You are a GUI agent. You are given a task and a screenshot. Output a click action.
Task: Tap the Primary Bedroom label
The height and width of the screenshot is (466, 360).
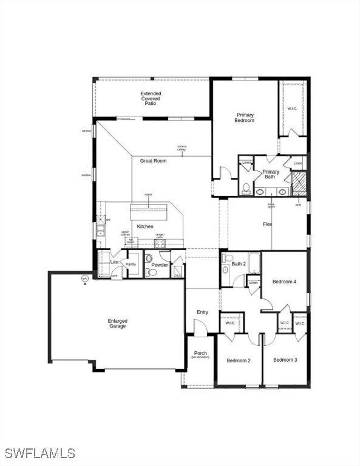coord(244,118)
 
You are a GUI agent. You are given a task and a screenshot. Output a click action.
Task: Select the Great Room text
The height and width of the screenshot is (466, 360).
coord(153,161)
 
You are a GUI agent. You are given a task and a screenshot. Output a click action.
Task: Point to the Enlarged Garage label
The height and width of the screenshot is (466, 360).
coord(117,323)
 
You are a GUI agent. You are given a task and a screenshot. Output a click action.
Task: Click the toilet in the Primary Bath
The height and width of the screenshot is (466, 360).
coord(246,188)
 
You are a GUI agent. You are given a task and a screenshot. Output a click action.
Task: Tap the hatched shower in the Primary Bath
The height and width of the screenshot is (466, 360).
coord(298,183)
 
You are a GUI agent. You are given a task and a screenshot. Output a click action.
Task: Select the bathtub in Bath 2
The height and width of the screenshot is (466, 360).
coord(254,263)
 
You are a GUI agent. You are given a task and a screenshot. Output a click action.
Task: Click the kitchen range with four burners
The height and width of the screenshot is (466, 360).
coord(160,243)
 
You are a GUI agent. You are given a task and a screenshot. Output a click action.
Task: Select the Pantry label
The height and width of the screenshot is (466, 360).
coord(131,265)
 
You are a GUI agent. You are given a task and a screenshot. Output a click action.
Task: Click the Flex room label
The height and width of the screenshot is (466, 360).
coord(267,225)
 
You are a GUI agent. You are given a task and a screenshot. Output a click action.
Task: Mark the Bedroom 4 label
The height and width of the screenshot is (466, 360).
coord(284,282)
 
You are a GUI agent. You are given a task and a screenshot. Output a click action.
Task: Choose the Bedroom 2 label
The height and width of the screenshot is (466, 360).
coord(239,360)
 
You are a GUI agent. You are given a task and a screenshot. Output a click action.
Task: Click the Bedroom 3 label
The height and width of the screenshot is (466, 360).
coord(285,360)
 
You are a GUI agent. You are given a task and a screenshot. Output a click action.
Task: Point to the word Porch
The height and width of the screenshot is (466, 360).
coord(200,353)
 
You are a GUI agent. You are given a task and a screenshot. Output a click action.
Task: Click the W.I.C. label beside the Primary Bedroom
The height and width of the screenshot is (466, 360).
coord(291,109)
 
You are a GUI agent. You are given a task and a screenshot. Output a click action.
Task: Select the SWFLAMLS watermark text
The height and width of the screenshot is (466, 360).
coord(39,453)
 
